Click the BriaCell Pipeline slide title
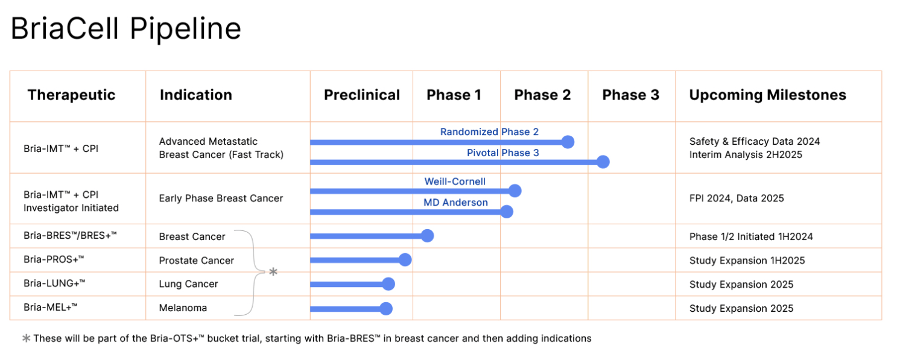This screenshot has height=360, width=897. coord(125,28)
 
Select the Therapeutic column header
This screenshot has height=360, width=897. coord(71,95)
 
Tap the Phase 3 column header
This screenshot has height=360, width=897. coord(630,95)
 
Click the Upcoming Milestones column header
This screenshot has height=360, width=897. coord(767,95)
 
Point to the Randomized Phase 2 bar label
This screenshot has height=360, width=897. coord(489,131)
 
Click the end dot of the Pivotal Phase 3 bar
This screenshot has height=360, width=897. coord(603,162)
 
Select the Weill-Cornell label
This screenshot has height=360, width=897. coord(455,181)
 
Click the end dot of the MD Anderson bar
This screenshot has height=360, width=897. coord(507,212)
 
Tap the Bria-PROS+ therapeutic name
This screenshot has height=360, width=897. coord(54,259)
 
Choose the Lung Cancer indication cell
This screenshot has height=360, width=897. coord(188,284)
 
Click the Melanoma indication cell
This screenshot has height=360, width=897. coord(183,308)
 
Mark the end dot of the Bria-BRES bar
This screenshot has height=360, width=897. coord(427,236)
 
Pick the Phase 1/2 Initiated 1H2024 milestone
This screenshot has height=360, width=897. coord(750,236)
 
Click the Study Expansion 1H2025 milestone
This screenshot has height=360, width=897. coord(747,261)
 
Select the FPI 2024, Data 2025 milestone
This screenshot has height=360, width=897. coord(737,198)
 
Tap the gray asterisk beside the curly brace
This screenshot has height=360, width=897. coord(273,273)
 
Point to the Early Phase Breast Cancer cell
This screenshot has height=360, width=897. coord(221,198)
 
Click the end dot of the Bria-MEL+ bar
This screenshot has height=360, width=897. coord(386,309)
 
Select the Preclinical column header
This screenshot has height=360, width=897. coord(361,95)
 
